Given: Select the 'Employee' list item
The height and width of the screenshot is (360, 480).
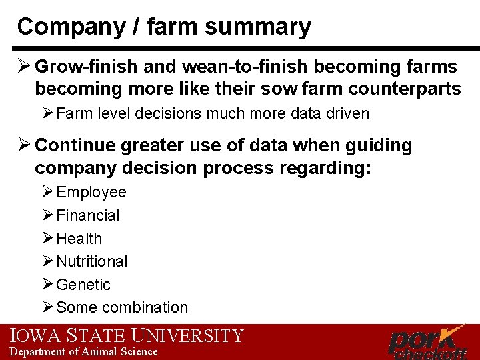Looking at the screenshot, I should pos(91,193).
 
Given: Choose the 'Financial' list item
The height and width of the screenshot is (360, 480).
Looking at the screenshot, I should pos(88,215).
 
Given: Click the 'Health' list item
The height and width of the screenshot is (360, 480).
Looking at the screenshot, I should pos(79,239).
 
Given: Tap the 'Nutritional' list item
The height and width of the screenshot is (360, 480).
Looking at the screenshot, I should pos(92,261).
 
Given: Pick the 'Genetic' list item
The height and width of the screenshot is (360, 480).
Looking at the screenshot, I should pos(83,285).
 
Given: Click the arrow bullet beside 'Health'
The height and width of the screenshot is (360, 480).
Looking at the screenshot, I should pos(47,238).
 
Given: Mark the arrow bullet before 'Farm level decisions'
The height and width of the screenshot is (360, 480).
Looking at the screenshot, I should pos(47,113).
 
